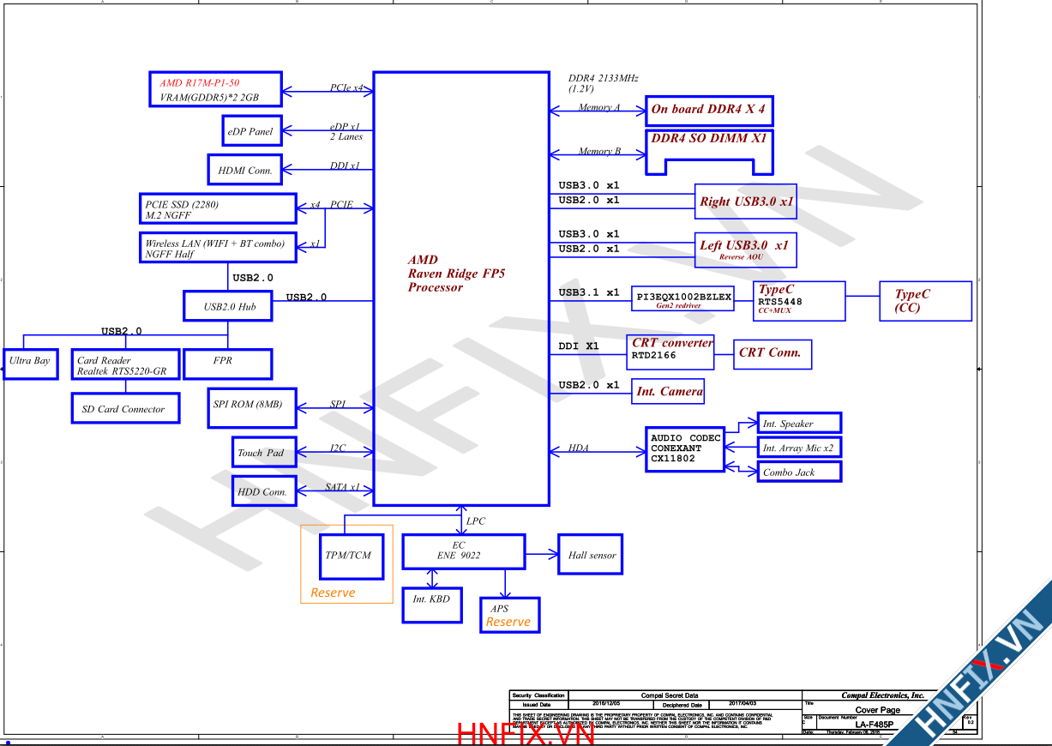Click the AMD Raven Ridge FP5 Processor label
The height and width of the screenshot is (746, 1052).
456,274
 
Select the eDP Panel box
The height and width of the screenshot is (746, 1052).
250,131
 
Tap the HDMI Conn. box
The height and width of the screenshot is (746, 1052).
244,170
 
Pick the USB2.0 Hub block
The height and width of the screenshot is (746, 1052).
228,306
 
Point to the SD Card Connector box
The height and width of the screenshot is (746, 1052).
123,408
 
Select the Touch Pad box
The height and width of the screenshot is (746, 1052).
263,452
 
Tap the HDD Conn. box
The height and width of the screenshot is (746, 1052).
263,491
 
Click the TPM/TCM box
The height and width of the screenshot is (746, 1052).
348,555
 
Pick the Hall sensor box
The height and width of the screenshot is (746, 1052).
591,555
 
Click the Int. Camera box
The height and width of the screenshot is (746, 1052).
669,392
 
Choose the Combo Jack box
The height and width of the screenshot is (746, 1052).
799,472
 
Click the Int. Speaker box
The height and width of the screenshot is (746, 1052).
799,423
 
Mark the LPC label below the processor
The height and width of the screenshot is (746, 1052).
475,520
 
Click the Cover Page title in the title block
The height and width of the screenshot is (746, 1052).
877,710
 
